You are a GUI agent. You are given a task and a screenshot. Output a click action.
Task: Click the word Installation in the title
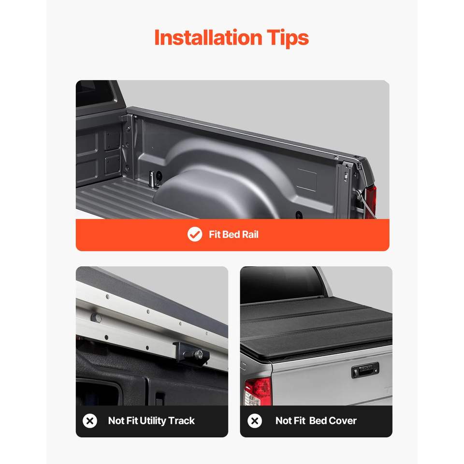click(x=208, y=38)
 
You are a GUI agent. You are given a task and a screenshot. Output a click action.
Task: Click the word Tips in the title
click(x=288, y=38)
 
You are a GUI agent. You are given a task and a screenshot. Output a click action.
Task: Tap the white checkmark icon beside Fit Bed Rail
click(x=195, y=234)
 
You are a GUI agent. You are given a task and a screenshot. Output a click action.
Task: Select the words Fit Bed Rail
click(x=233, y=234)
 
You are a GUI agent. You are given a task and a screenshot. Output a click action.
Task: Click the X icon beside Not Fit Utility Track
click(x=90, y=420)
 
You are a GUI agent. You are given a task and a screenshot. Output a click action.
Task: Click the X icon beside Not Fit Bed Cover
click(x=255, y=420)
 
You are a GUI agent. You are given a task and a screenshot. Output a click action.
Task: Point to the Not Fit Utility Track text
click(x=151, y=420)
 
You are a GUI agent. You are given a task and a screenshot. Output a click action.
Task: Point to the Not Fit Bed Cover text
click(x=316, y=420)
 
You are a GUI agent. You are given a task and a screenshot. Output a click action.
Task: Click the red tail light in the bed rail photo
click(x=371, y=201)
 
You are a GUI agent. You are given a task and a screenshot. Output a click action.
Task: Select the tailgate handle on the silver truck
click(x=365, y=370)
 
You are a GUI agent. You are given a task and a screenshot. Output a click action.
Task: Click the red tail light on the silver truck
click(x=258, y=391)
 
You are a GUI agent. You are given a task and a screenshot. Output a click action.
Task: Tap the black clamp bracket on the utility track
click(x=191, y=353)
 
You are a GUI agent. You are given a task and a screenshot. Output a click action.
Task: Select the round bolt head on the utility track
click(x=96, y=318)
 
